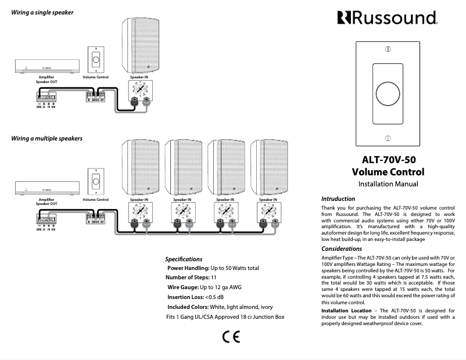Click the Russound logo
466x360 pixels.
pyautogui.click(x=387, y=18)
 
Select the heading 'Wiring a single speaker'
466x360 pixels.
pyautogui.click(x=42, y=13)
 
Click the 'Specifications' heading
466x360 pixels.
pyautogui.click(x=184, y=259)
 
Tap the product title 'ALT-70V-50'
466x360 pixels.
pyautogui.click(x=388, y=159)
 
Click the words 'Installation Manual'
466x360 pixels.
pyautogui.click(x=388, y=184)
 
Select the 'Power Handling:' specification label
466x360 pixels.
pyautogui.click(x=188, y=268)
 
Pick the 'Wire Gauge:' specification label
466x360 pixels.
pyautogui.click(x=183, y=287)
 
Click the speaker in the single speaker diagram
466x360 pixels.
pyautogui.click(x=140, y=47)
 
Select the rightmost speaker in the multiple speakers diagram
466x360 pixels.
pyautogui.click(x=269, y=167)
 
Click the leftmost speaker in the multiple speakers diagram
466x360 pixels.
pyautogui.click(x=140, y=167)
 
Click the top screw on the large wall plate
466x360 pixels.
pyautogui.click(x=388, y=50)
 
